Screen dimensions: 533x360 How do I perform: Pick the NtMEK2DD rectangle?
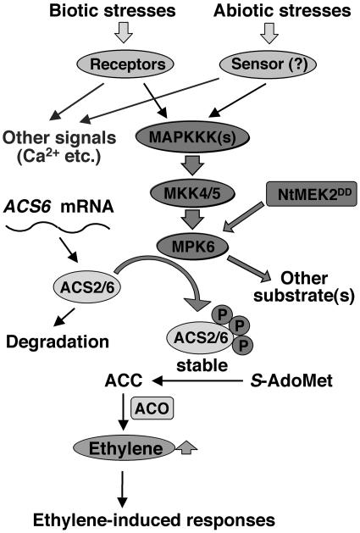pyautogui.click(x=307, y=193)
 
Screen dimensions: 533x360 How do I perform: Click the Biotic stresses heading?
pyautogui.click(x=107, y=11)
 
